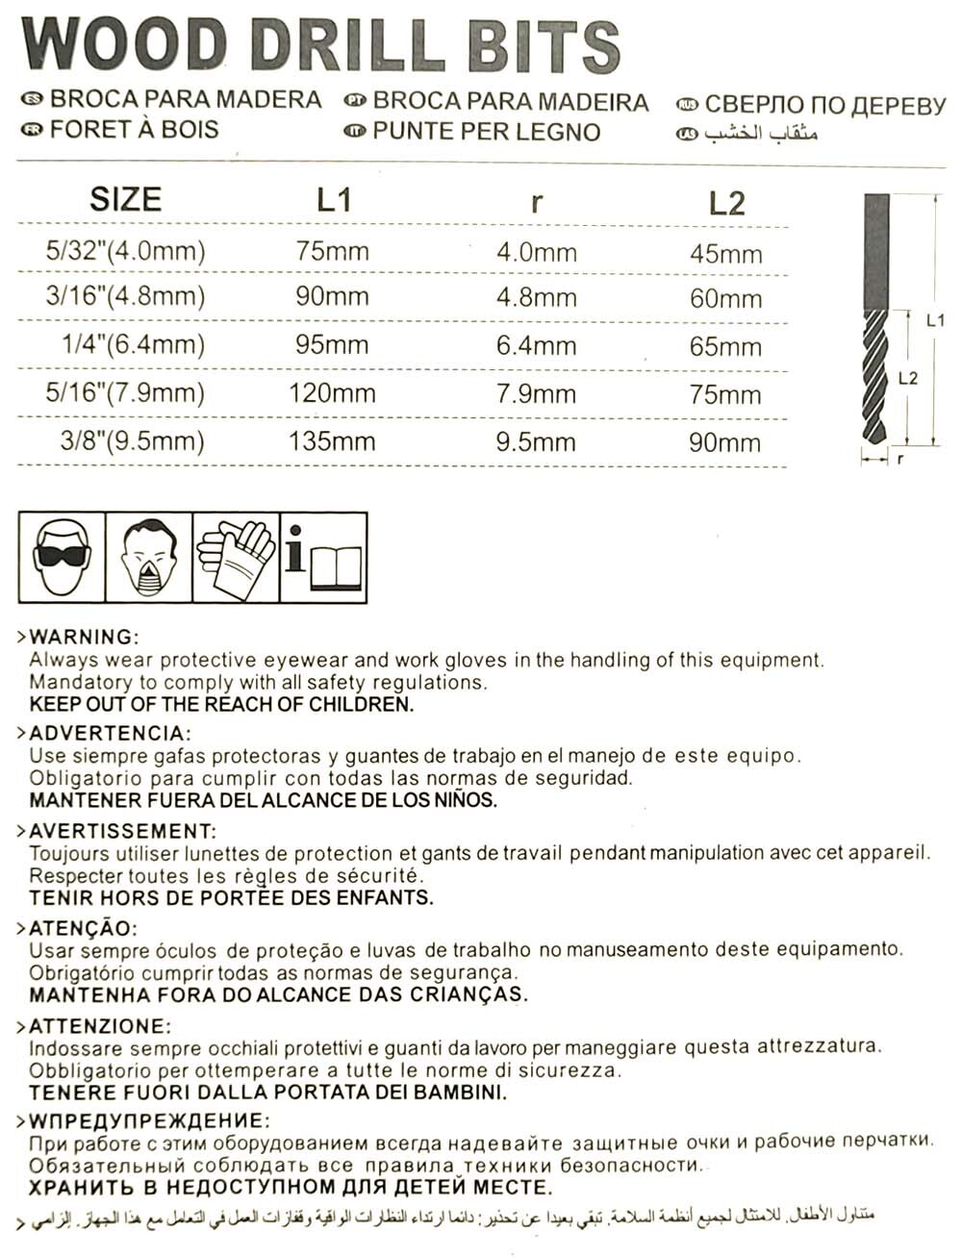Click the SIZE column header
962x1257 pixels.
point(125,199)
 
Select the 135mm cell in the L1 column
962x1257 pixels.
point(332,441)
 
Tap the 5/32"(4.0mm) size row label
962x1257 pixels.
point(125,251)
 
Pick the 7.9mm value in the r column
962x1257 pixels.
point(536,393)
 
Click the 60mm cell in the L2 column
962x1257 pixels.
point(725,298)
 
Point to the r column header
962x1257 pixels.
point(536,202)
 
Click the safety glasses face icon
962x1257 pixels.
point(62,557)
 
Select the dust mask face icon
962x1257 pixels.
point(148,557)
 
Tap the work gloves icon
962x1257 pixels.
point(236,557)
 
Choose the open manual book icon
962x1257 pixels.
point(323,557)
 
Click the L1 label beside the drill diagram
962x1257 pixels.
point(935,321)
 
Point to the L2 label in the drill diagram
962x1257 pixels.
point(907,378)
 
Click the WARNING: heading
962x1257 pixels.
point(84,637)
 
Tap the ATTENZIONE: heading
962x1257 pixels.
point(100,1026)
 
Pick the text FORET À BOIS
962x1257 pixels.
point(134,129)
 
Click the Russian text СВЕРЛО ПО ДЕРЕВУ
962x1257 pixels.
point(824,105)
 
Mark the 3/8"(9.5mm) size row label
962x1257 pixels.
point(132,440)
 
